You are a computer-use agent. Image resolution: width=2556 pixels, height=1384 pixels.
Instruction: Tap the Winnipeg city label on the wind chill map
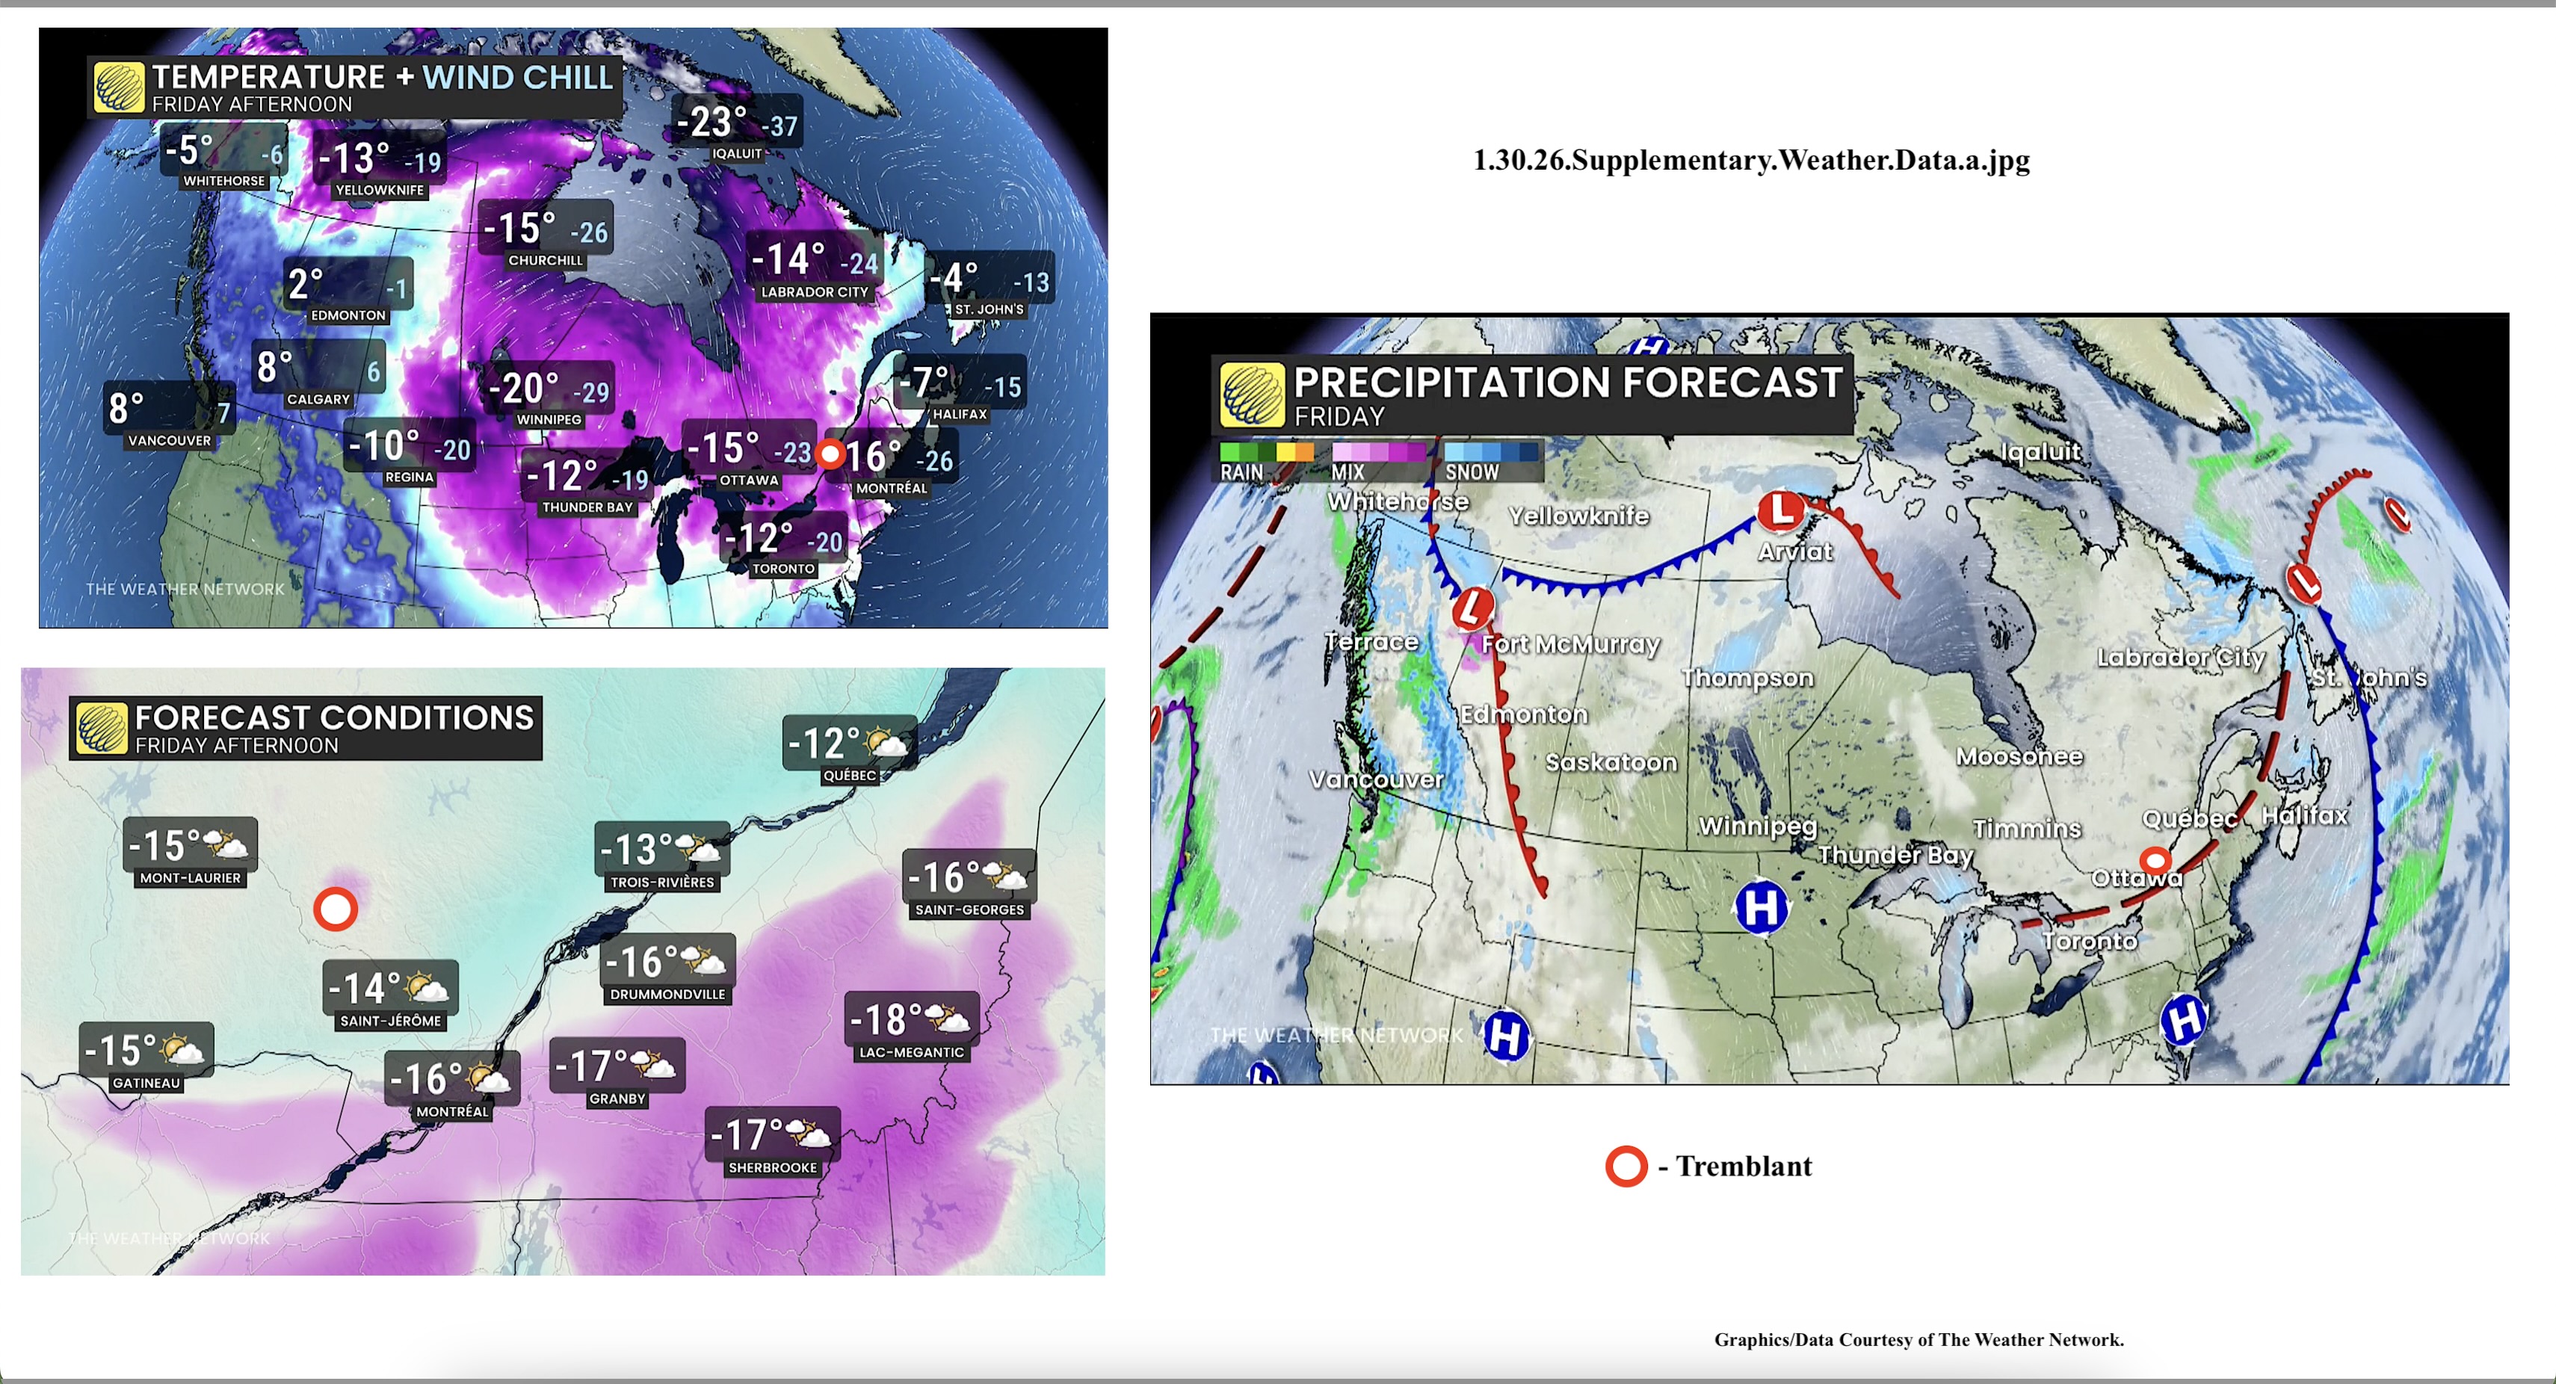(549, 420)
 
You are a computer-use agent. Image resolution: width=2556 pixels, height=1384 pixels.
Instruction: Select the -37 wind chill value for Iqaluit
(783, 127)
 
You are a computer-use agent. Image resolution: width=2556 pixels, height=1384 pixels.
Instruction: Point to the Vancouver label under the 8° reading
(170, 440)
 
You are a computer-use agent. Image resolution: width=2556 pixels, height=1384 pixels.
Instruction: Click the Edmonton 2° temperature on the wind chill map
(306, 285)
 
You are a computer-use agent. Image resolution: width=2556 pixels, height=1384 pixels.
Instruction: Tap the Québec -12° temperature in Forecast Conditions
(823, 743)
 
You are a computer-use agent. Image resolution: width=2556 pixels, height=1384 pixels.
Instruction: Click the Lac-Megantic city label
(911, 1053)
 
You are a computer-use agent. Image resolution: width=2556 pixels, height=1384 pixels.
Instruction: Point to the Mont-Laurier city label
(190, 878)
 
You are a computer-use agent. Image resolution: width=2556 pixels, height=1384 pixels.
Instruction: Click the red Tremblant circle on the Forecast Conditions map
(336, 909)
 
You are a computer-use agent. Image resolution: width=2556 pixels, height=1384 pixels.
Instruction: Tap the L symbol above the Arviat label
(1781, 510)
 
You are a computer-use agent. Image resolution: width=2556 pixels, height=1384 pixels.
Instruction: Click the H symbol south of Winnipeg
(1762, 906)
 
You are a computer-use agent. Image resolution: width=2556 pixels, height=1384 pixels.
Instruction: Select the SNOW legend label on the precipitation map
(1472, 473)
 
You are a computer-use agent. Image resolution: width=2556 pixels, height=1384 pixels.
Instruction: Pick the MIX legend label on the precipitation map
(1348, 473)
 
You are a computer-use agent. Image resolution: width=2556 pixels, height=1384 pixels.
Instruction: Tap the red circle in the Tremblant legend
(1626, 1167)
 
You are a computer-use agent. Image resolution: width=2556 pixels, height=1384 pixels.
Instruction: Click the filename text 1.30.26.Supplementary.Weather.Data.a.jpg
(1751, 160)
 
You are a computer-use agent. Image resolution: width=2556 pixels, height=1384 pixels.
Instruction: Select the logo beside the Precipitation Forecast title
(1252, 394)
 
